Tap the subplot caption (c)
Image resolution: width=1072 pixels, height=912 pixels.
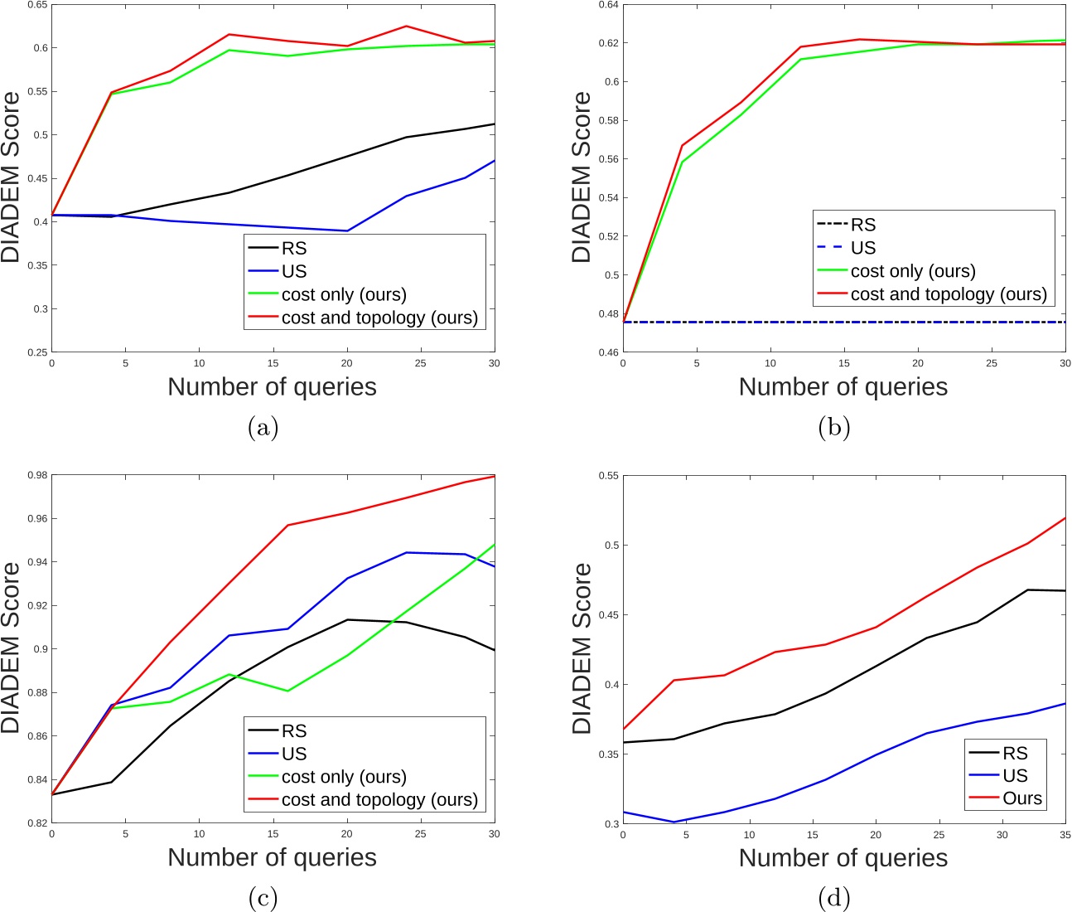(263, 898)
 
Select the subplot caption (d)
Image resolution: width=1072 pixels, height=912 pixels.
(834, 898)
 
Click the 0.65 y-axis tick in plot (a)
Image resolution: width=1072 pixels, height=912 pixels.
(35, 5)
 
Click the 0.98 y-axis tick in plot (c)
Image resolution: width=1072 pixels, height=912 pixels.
(35, 476)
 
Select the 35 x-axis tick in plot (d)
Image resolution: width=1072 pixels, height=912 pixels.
(1065, 835)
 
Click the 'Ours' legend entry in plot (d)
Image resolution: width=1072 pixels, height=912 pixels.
(1022, 798)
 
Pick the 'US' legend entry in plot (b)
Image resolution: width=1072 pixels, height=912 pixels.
(863, 248)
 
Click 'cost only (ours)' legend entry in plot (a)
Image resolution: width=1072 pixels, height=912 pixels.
(344, 294)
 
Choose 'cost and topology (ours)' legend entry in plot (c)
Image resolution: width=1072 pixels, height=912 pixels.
(379, 800)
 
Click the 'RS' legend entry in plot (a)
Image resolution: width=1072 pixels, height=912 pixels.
(294, 248)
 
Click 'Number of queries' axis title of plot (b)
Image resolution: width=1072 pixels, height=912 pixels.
(843, 387)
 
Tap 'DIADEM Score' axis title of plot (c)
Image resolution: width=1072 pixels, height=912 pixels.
(11, 648)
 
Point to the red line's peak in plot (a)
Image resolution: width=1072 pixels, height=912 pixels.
(406, 27)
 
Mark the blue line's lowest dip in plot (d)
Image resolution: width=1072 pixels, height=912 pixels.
(674, 822)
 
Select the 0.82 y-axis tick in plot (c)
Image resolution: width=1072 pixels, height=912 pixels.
(35, 823)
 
